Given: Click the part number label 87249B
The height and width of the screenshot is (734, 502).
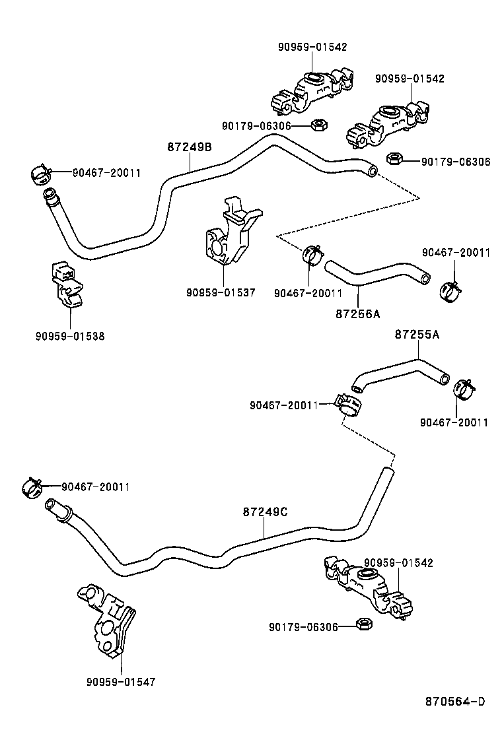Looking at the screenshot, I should [x=189, y=147].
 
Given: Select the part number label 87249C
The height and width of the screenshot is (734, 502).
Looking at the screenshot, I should [x=265, y=512].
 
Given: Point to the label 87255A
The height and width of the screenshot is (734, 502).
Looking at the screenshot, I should [x=417, y=335].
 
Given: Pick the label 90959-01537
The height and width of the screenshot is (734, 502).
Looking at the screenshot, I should [x=221, y=292].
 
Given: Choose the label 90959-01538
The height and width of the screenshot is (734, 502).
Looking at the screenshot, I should [x=70, y=336].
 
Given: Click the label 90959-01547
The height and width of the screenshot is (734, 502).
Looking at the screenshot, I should [x=121, y=682].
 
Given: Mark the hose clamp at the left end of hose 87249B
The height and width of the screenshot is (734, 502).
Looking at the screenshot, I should [x=41, y=175].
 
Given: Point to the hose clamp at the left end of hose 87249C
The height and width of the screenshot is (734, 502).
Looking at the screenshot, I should [x=30, y=488].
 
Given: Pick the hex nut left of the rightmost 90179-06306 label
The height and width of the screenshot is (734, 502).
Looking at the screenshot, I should [x=394, y=158].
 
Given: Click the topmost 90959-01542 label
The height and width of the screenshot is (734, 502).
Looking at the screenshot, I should [x=312, y=47].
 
